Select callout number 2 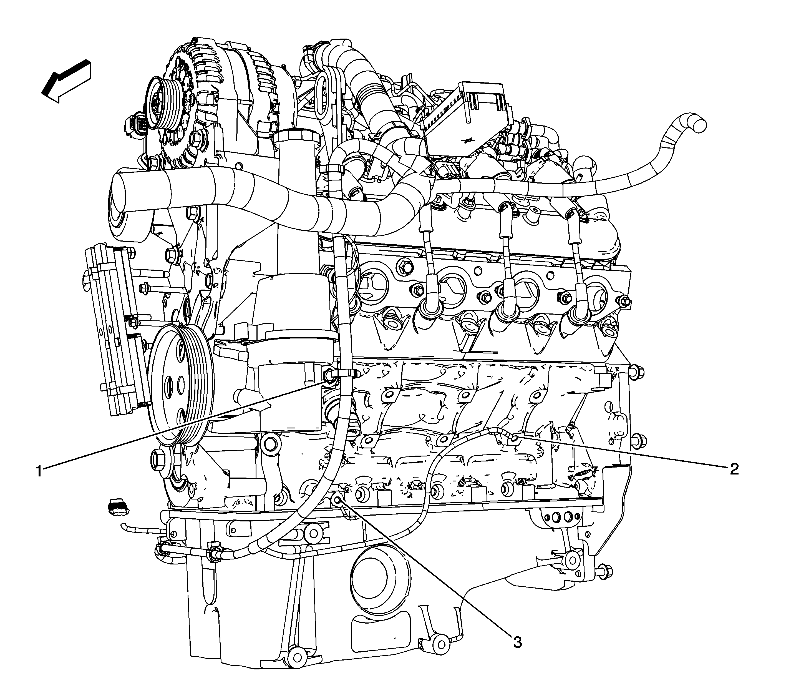point(733,469)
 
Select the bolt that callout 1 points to point(328,374)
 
